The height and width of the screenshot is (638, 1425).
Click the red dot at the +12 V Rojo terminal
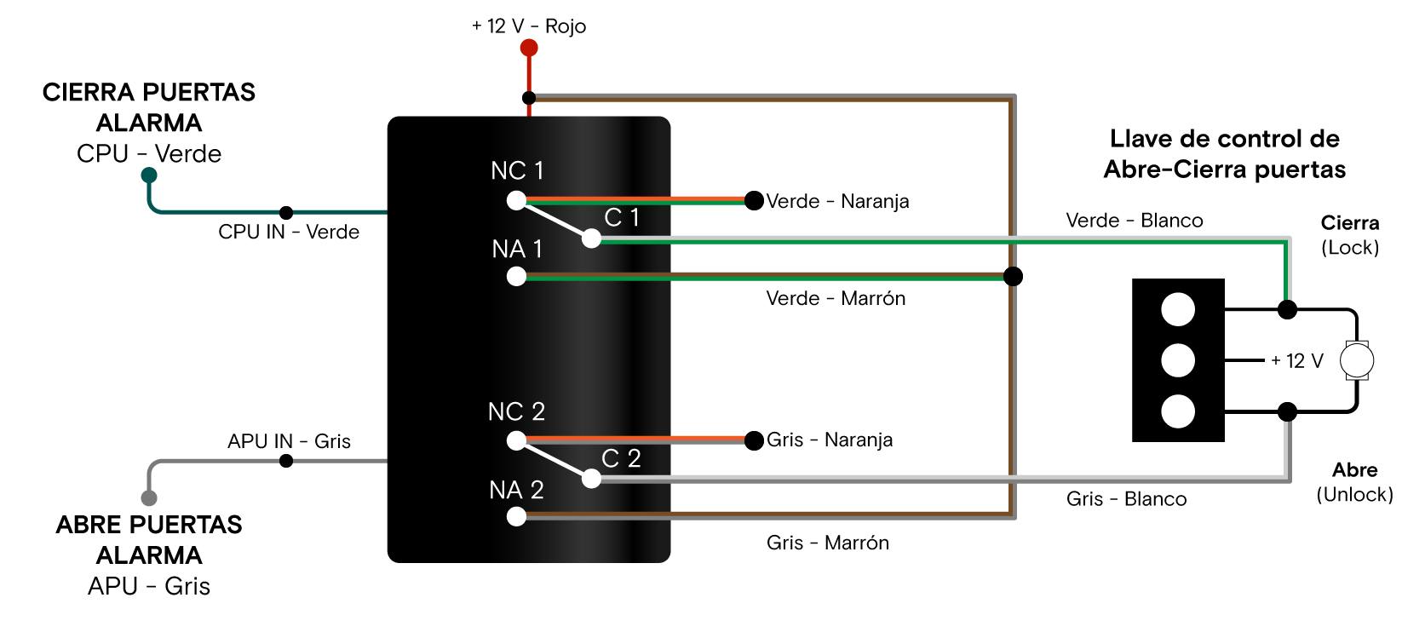click(529, 48)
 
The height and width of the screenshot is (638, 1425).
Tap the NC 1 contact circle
click(516, 200)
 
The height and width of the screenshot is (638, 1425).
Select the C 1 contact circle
click(591, 239)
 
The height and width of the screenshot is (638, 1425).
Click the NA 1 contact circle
click(516, 276)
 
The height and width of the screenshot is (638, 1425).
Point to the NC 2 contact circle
click(516, 440)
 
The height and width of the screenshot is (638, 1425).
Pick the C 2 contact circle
click(591, 479)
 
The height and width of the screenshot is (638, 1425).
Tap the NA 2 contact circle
click(516, 516)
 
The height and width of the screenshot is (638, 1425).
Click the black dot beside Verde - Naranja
click(754, 201)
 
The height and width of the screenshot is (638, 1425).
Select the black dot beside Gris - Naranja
click(754, 440)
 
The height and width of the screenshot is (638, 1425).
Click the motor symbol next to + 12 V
click(1356, 360)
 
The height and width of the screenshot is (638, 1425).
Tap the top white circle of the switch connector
click(1178, 309)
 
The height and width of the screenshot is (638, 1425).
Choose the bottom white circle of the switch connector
click(1178, 411)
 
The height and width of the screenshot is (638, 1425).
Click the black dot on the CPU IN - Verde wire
click(286, 212)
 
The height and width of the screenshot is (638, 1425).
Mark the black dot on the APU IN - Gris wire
click(286, 461)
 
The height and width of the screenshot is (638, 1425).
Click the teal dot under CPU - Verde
click(149, 175)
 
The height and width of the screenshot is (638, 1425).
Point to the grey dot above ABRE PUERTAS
click(149, 498)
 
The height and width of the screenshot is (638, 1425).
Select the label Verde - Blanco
click(1134, 221)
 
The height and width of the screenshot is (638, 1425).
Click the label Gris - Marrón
click(827, 543)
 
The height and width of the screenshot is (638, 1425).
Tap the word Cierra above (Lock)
click(1349, 223)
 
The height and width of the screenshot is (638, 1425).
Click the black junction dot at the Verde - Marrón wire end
click(1013, 276)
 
